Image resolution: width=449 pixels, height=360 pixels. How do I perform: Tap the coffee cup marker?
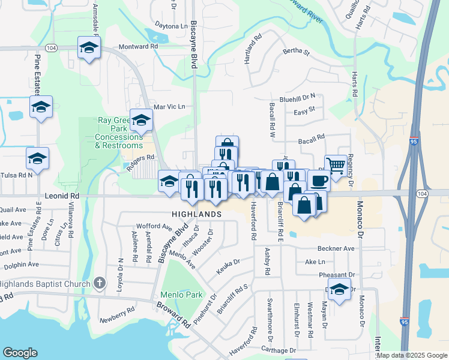click(319, 179)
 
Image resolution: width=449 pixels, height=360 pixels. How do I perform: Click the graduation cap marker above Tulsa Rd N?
click(37, 159)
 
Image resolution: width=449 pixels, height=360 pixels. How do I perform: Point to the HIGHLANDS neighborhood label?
click(196, 214)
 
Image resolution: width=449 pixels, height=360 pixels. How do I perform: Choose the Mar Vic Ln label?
click(169, 107)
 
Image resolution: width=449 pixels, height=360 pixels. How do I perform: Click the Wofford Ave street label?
click(154, 226)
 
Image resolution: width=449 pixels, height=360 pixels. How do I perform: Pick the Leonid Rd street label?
click(62, 196)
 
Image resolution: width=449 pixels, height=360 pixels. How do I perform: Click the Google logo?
click(20, 353)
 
